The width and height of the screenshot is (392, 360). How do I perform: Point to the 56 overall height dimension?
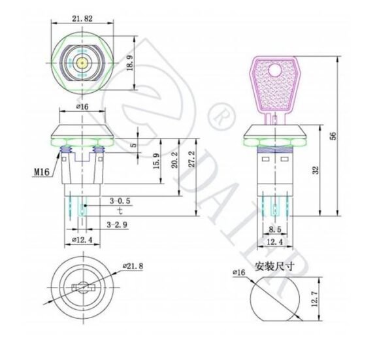click(x=333, y=135)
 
